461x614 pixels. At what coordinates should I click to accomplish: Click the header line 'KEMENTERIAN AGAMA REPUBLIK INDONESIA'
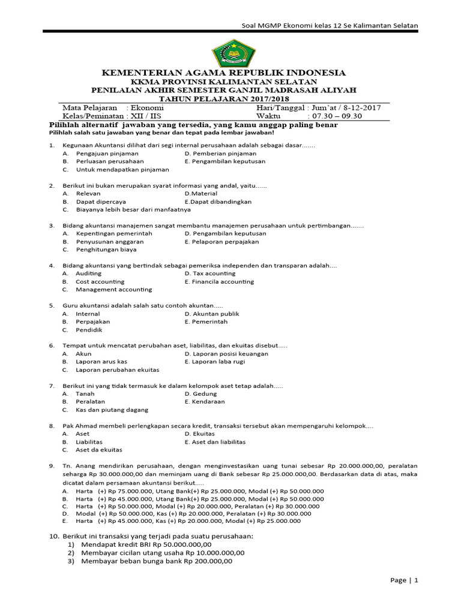(x=224, y=73)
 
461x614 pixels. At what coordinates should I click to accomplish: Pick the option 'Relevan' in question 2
(x=88, y=194)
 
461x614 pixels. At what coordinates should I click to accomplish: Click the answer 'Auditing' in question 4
(x=88, y=273)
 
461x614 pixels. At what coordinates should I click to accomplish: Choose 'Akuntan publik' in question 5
(x=215, y=314)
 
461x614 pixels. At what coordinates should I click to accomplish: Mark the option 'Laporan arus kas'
(x=101, y=362)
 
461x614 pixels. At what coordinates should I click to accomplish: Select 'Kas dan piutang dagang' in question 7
(x=112, y=410)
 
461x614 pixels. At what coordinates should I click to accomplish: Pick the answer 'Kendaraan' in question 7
(x=208, y=402)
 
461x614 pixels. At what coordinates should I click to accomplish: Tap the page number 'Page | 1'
(x=403, y=580)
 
